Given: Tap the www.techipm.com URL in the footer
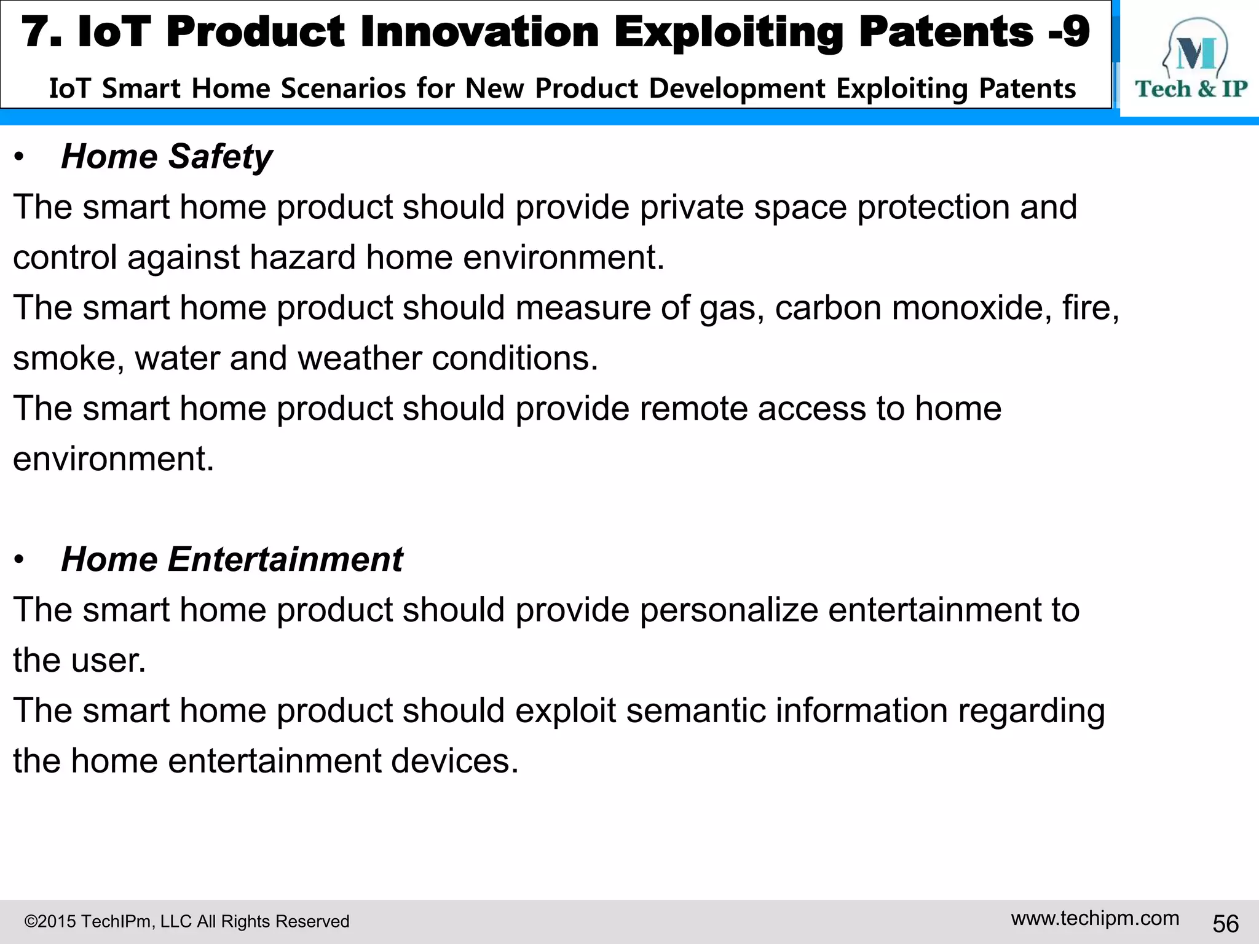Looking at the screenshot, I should [x=1095, y=918].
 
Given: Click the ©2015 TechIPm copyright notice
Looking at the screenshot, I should [x=186, y=921].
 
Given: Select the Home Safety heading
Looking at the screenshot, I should [x=167, y=157].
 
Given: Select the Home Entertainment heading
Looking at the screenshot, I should [x=232, y=559].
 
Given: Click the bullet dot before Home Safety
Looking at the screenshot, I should [x=20, y=158].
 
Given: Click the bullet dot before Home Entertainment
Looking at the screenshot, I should [x=20, y=560].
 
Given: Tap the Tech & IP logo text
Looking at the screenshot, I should [x=1191, y=89].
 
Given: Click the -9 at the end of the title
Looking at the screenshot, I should [x=1069, y=32].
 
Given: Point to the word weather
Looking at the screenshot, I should [x=359, y=358].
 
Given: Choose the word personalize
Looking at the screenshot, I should [x=729, y=610].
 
